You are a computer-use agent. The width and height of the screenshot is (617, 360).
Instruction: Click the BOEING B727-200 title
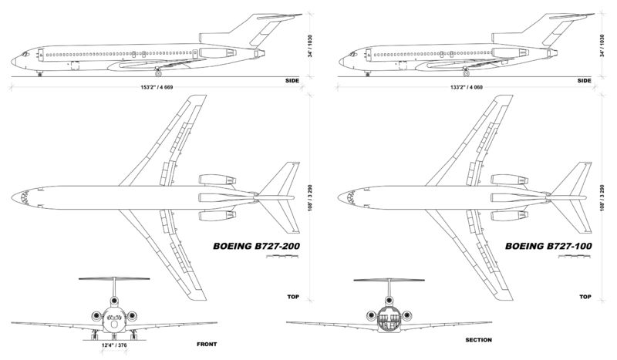256,246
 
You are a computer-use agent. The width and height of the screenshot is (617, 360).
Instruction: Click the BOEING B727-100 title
548,246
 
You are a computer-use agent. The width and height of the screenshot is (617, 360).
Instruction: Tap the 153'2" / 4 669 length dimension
157,87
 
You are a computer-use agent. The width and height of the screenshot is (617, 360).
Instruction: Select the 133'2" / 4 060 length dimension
467,87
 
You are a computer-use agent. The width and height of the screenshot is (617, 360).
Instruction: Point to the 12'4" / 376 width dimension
114,345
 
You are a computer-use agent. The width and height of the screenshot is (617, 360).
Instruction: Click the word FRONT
207,345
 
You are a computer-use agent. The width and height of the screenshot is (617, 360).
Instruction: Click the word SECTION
478,340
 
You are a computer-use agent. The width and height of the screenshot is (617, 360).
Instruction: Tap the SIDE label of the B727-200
292,81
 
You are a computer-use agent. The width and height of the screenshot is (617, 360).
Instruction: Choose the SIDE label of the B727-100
585,81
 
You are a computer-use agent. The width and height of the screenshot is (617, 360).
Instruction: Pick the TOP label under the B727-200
293,297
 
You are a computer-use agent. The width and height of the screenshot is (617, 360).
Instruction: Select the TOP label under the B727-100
585,297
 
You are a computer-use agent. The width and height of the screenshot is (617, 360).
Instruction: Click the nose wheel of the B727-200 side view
39,74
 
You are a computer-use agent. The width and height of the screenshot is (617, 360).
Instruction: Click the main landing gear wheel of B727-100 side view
467,73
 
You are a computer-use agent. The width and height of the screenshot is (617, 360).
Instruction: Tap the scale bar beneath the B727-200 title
282,257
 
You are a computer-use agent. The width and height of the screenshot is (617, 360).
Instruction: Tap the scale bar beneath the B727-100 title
575,257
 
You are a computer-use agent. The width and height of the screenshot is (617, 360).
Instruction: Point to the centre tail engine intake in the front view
114,301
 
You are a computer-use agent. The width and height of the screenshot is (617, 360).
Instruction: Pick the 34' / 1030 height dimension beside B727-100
602,46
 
